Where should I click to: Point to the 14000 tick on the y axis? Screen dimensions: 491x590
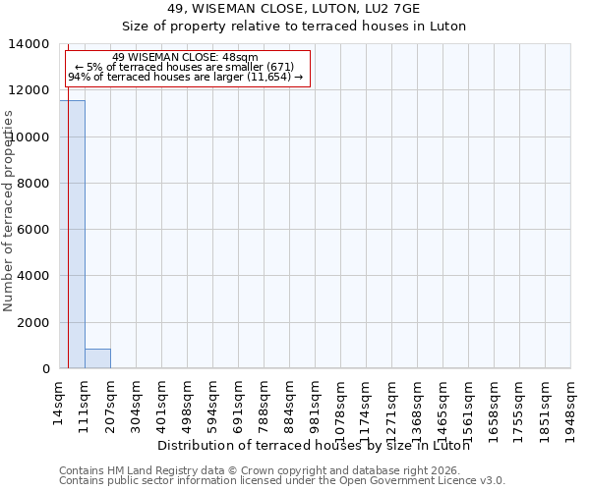tap(31, 44)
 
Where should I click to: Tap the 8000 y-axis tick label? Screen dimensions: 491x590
tap(35, 184)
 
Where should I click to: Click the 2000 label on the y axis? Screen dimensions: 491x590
tap(35, 323)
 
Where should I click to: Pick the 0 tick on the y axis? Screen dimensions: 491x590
tap(45, 369)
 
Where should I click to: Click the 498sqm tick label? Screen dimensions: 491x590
tap(187, 401)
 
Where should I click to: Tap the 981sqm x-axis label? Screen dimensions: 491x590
tap(315, 401)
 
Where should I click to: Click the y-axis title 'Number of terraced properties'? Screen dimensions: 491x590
tap(9, 210)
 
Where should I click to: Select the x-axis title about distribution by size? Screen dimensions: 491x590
tap(313, 446)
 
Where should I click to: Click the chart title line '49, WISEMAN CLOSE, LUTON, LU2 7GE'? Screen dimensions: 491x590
tap(294, 8)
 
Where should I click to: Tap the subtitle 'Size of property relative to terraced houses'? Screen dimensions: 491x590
tap(294, 27)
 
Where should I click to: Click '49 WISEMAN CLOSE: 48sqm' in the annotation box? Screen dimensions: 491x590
tap(185, 58)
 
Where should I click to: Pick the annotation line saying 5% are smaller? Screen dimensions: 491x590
tap(185, 67)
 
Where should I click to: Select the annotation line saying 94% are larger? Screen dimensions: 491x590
tap(185, 77)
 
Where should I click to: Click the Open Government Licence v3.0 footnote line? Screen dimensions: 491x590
tap(282, 481)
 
